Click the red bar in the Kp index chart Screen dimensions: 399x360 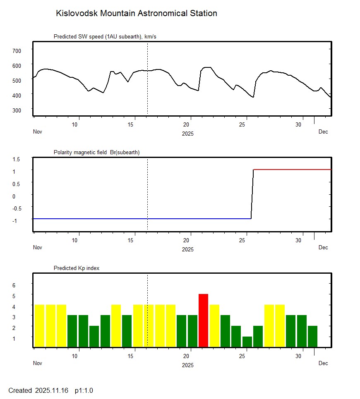(203, 320)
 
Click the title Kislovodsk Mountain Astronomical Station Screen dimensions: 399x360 (137, 13)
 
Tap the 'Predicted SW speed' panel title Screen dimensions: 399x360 (105, 37)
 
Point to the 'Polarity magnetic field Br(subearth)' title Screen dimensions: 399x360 (96, 153)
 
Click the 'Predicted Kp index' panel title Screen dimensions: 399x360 (77, 268)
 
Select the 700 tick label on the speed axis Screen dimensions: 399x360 (17, 50)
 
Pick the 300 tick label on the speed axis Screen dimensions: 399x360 (17, 110)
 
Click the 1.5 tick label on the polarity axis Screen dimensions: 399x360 (17, 159)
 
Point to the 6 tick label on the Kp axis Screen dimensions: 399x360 (13, 285)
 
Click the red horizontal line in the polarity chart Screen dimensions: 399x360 (292, 170)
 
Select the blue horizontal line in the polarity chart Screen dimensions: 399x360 (141, 218)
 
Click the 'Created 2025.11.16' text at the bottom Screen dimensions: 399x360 (38, 390)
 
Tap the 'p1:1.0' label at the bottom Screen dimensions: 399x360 (84, 390)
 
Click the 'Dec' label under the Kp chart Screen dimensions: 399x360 (323, 363)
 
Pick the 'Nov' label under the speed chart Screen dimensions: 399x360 (38, 131)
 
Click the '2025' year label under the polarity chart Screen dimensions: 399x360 (188, 249)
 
